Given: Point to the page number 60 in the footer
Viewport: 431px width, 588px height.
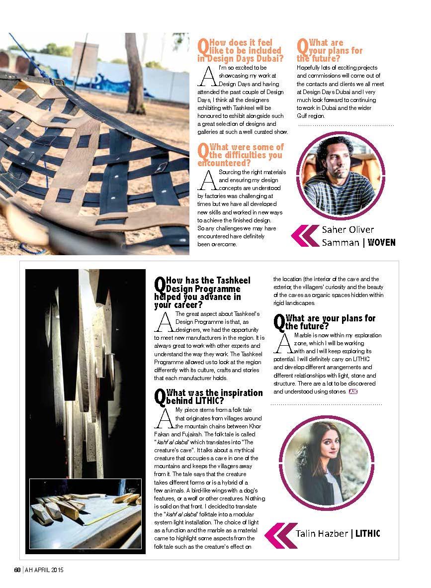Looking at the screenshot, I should click(x=16, y=570).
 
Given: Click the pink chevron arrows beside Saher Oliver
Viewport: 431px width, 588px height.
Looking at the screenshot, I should click(x=304, y=236).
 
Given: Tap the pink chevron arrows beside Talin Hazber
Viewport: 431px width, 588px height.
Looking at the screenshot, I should click(x=281, y=534).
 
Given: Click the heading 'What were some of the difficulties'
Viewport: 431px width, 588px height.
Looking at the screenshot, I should click(x=241, y=155).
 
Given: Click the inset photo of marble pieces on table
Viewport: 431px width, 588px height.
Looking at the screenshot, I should click(x=87, y=514).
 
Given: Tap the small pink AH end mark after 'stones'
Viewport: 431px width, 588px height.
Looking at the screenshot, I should click(x=353, y=392).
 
